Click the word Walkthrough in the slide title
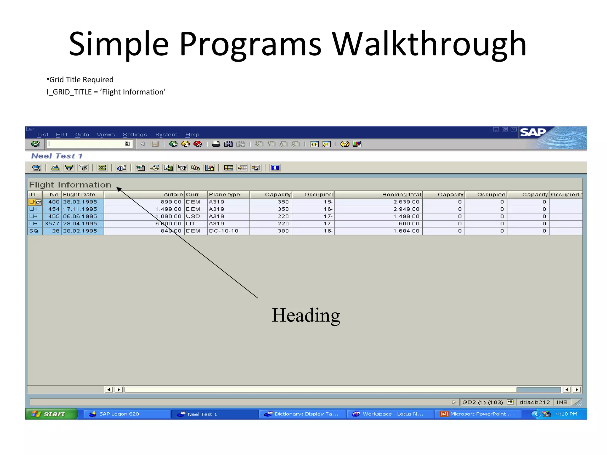(429, 44)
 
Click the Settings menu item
(135, 134)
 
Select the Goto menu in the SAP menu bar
(82, 134)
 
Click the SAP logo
(533, 132)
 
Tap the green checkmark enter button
(36, 144)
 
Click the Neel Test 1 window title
(57, 156)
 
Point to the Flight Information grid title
(70, 185)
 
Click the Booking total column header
(401, 195)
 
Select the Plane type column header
(224, 195)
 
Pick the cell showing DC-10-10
(224, 231)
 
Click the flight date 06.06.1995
(80, 216)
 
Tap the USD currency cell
(193, 216)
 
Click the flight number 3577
(52, 224)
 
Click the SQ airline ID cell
(34, 231)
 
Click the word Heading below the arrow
(306, 315)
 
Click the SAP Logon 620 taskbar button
(119, 414)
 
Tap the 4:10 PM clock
(566, 414)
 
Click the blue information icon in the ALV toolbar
(275, 168)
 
